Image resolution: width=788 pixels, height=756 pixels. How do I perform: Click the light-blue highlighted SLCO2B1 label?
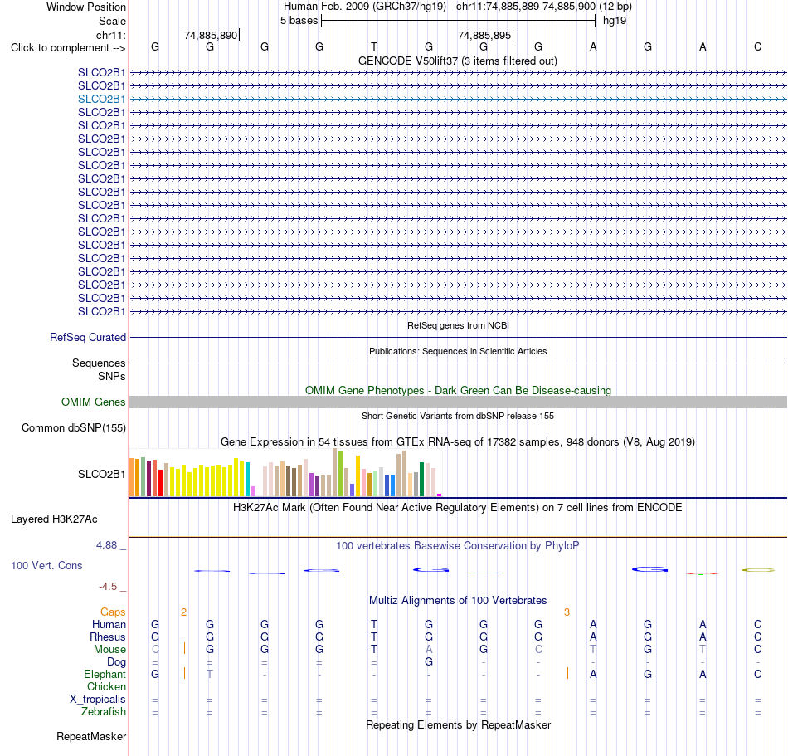click(x=101, y=99)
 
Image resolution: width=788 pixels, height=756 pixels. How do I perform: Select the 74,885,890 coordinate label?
click(x=211, y=35)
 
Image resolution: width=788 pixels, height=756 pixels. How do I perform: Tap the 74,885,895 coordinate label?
click(x=484, y=35)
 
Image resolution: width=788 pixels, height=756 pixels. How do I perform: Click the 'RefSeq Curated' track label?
click(x=88, y=337)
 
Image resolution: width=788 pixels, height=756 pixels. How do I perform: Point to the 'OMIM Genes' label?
click(x=94, y=402)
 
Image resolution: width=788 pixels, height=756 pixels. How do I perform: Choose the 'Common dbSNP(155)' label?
click(x=74, y=427)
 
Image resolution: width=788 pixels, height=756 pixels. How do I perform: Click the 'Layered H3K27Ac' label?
click(x=54, y=519)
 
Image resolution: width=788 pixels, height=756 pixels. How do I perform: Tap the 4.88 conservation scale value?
click(x=106, y=545)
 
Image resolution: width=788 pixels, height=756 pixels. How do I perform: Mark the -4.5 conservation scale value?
click(x=108, y=587)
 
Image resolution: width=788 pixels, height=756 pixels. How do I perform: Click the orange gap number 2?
click(x=184, y=612)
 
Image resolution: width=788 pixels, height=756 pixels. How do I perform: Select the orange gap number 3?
click(x=567, y=612)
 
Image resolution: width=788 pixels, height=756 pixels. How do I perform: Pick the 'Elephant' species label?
click(x=105, y=674)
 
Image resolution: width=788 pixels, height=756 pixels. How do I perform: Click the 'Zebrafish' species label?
click(x=104, y=712)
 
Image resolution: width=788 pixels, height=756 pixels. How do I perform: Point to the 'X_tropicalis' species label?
click(x=98, y=700)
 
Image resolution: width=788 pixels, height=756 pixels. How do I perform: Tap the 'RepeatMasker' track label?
click(x=91, y=736)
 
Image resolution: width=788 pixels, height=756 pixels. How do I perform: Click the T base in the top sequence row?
click(x=374, y=46)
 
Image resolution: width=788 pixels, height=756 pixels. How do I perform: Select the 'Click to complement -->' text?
click(x=68, y=48)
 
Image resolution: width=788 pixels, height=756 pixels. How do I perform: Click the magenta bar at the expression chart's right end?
click(x=440, y=495)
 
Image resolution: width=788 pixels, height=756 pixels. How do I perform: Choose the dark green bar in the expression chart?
click(x=422, y=480)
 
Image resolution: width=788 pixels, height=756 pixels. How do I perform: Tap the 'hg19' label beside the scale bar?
click(x=615, y=21)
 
